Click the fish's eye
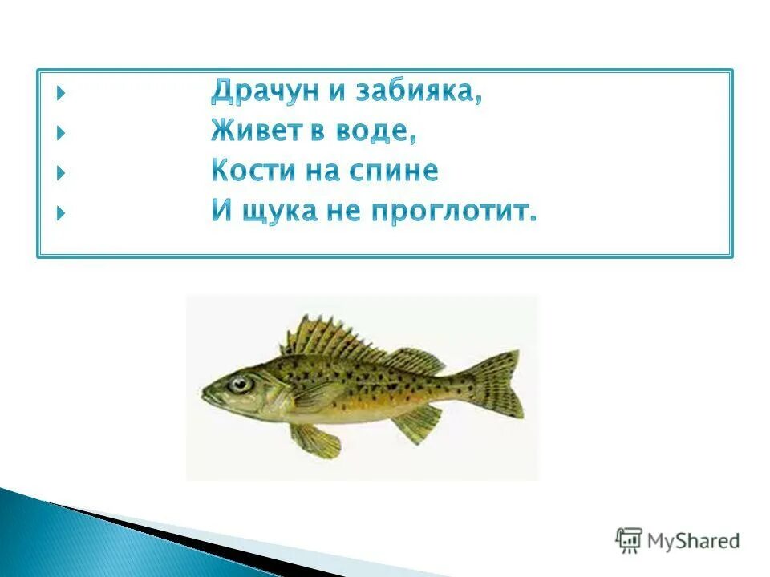pyautogui.click(x=240, y=384)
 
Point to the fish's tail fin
pyautogui.click(x=498, y=385)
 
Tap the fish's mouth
pyautogui.click(x=206, y=394)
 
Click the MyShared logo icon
pyautogui.click(x=629, y=540)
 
